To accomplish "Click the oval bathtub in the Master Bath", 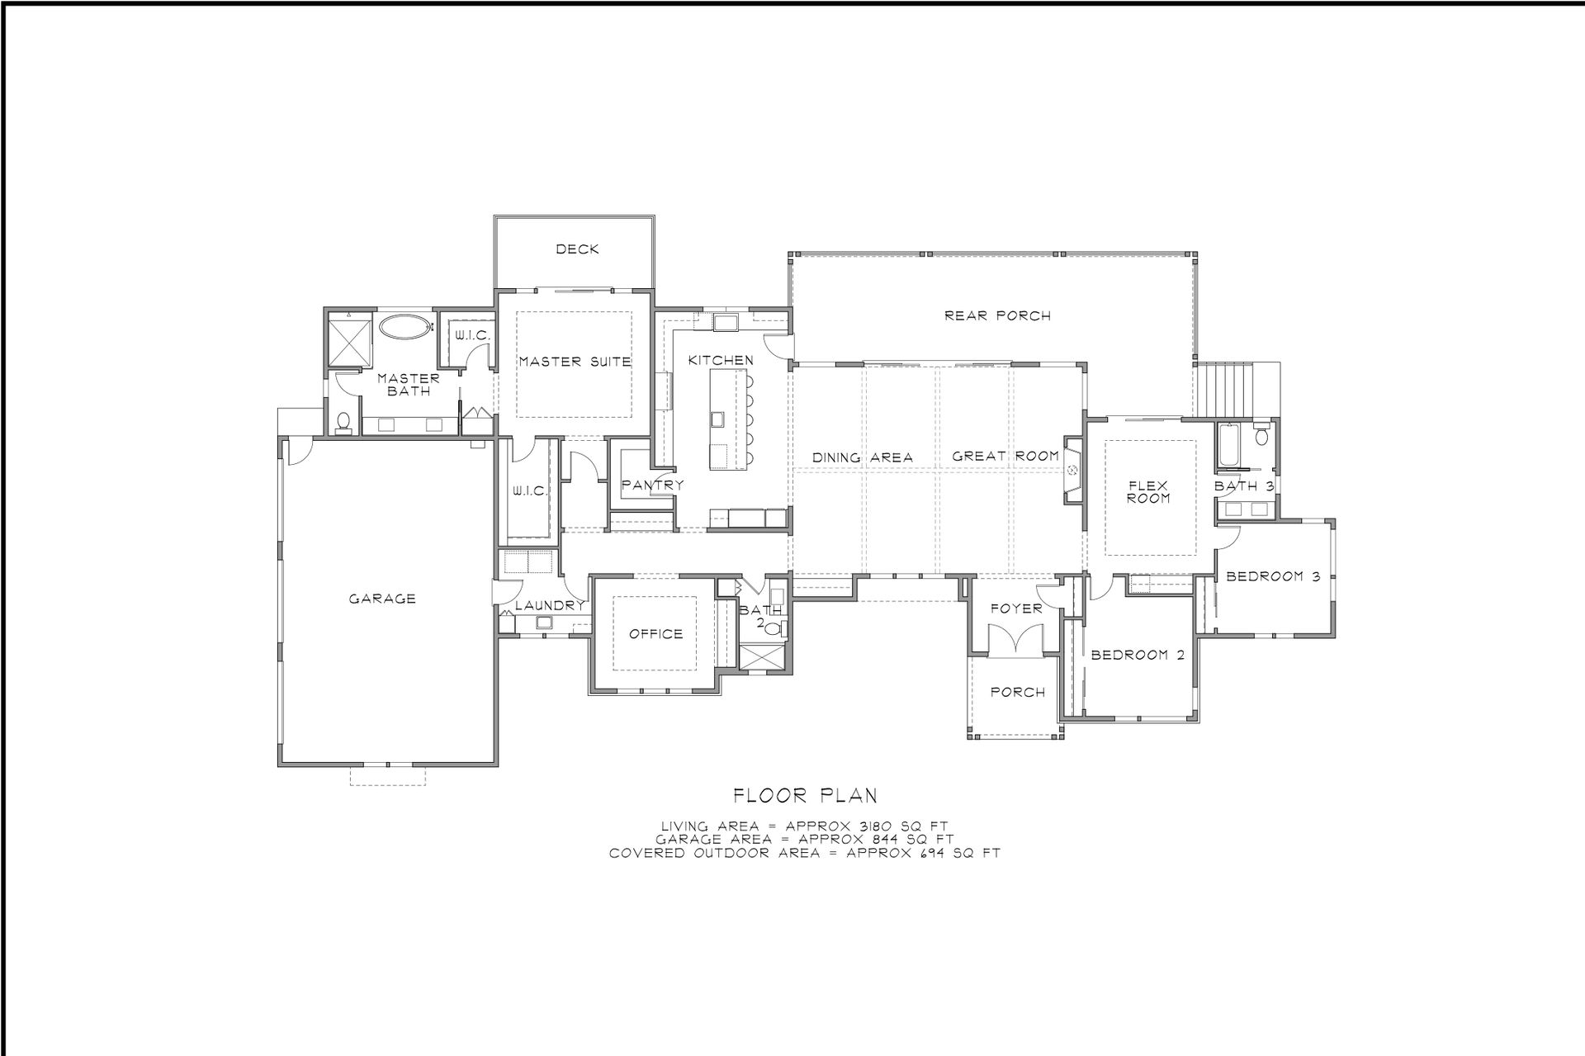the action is pyautogui.click(x=405, y=326).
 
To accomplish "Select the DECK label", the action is pyautogui.click(x=577, y=249).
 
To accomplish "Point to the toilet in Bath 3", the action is pyautogui.click(x=1261, y=434).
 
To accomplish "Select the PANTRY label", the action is pyautogui.click(x=653, y=485).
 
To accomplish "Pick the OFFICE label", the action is pyautogui.click(x=655, y=633).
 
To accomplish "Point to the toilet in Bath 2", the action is pyautogui.click(x=773, y=628).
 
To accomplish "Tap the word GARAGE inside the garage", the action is pyautogui.click(x=381, y=599).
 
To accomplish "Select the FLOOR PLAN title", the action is pyautogui.click(x=805, y=795).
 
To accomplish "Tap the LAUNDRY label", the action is pyautogui.click(x=549, y=605).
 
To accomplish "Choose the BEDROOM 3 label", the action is pyautogui.click(x=1273, y=576).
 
